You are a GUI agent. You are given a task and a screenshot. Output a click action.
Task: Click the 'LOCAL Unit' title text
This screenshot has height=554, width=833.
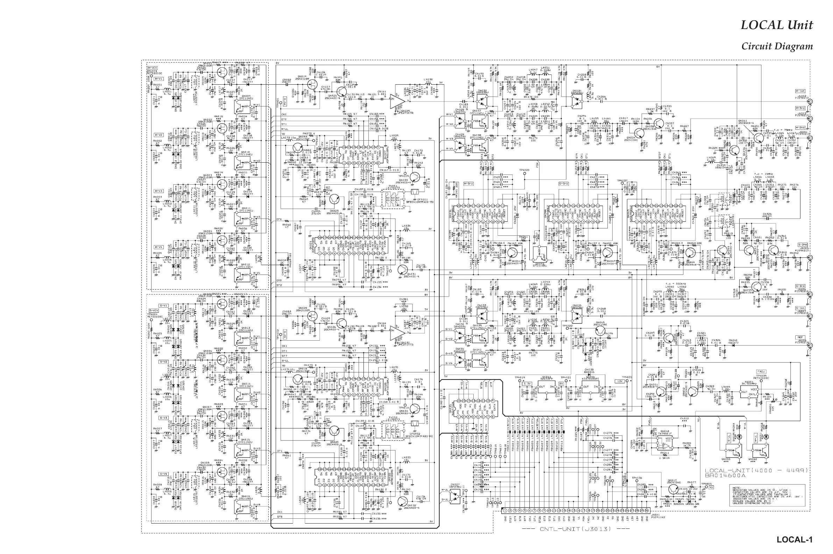pyautogui.click(x=776, y=25)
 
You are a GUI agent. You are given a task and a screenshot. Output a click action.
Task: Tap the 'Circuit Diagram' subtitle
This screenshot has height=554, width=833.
pyautogui.click(x=777, y=46)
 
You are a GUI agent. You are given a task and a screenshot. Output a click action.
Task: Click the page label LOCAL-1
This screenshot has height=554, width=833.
pyautogui.click(x=795, y=540)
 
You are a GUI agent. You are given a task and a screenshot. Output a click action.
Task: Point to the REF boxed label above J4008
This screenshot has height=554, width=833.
pyautogui.click(x=800, y=337)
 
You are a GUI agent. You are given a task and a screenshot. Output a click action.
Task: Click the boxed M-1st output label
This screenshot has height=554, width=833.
pyautogui.click(x=800, y=91)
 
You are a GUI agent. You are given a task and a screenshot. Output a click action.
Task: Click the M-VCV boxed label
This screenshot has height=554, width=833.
pyautogui.click(x=152, y=68)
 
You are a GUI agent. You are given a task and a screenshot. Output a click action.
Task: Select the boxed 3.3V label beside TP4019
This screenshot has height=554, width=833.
pyautogui.click(x=527, y=383)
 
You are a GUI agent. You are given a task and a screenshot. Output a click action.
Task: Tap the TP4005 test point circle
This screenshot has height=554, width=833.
pyautogui.click(x=704, y=488)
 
